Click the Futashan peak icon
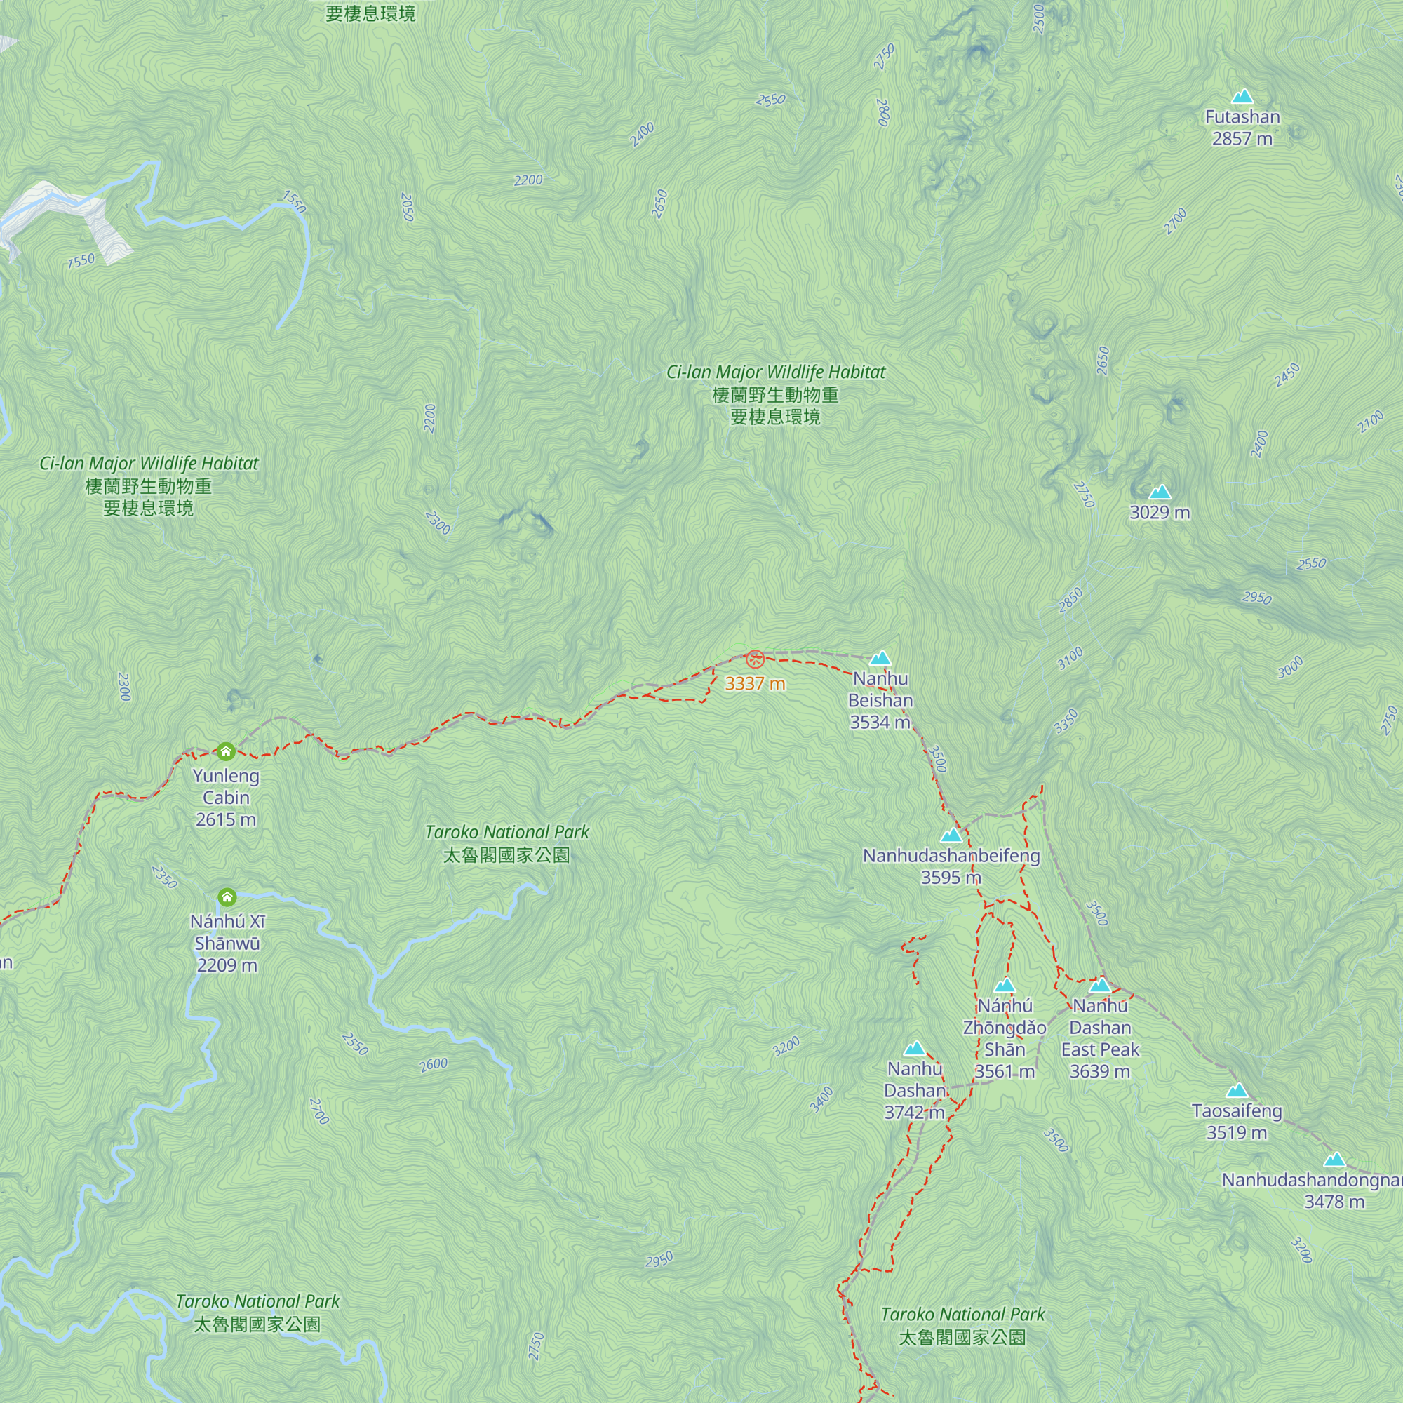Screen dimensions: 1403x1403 pyautogui.click(x=1242, y=97)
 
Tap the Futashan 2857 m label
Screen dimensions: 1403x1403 pyautogui.click(x=1242, y=128)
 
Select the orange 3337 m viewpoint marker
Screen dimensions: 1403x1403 pyautogui.click(x=755, y=659)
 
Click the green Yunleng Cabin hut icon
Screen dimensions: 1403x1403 pyautogui.click(x=226, y=751)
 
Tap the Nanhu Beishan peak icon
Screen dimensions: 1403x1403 pyautogui.click(x=880, y=659)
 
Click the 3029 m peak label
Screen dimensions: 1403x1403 pyautogui.click(x=1160, y=513)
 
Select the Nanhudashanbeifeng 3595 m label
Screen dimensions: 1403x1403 pyautogui.click(x=951, y=866)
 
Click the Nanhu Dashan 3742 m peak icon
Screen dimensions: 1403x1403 pyautogui.click(x=914, y=1049)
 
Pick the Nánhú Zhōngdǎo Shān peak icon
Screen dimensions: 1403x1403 pyautogui.click(x=1005, y=986)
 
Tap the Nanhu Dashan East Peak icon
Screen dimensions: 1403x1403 pyautogui.click(x=1100, y=986)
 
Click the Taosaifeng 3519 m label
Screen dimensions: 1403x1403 pyautogui.click(x=1237, y=1121)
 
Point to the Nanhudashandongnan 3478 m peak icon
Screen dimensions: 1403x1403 pyautogui.click(x=1334, y=1160)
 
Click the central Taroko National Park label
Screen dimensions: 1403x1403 pyautogui.click(x=507, y=843)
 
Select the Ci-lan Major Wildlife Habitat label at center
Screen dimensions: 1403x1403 pyautogui.click(x=776, y=394)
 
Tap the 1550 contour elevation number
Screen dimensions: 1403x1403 pyautogui.click(x=294, y=201)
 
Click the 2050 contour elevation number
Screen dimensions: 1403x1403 pyautogui.click(x=407, y=207)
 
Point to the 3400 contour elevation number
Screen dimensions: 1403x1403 pyautogui.click(x=821, y=1099)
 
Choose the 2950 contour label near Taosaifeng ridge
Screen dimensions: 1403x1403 pyautogui.click(x=1256, y=598)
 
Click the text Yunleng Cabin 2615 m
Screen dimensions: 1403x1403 pyautogui.click(x=226, y=798)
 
